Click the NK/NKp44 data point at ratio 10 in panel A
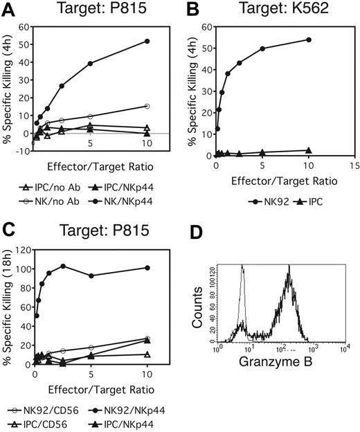(147, 42)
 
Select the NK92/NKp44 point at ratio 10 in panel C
(147, 267)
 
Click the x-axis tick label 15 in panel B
(354, 166)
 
